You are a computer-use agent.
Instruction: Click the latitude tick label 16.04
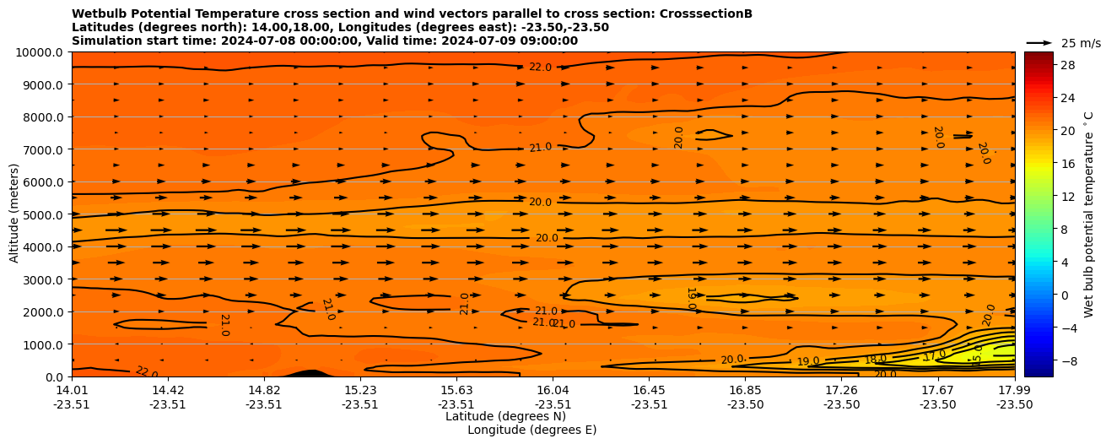click(x=553, y=390)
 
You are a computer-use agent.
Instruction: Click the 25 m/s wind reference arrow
click(x=1039, y=43)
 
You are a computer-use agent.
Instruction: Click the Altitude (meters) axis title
click(x=14, y=214)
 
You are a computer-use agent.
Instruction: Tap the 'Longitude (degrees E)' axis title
click(x=531, y=430)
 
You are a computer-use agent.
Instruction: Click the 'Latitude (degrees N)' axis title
click(x=505, y=416)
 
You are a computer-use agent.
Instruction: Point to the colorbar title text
click(x=1088, y=214)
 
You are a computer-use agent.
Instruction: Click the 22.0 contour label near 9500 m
click(x=540, y=68)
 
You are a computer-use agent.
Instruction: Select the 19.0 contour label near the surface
click(x=808, y=361)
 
